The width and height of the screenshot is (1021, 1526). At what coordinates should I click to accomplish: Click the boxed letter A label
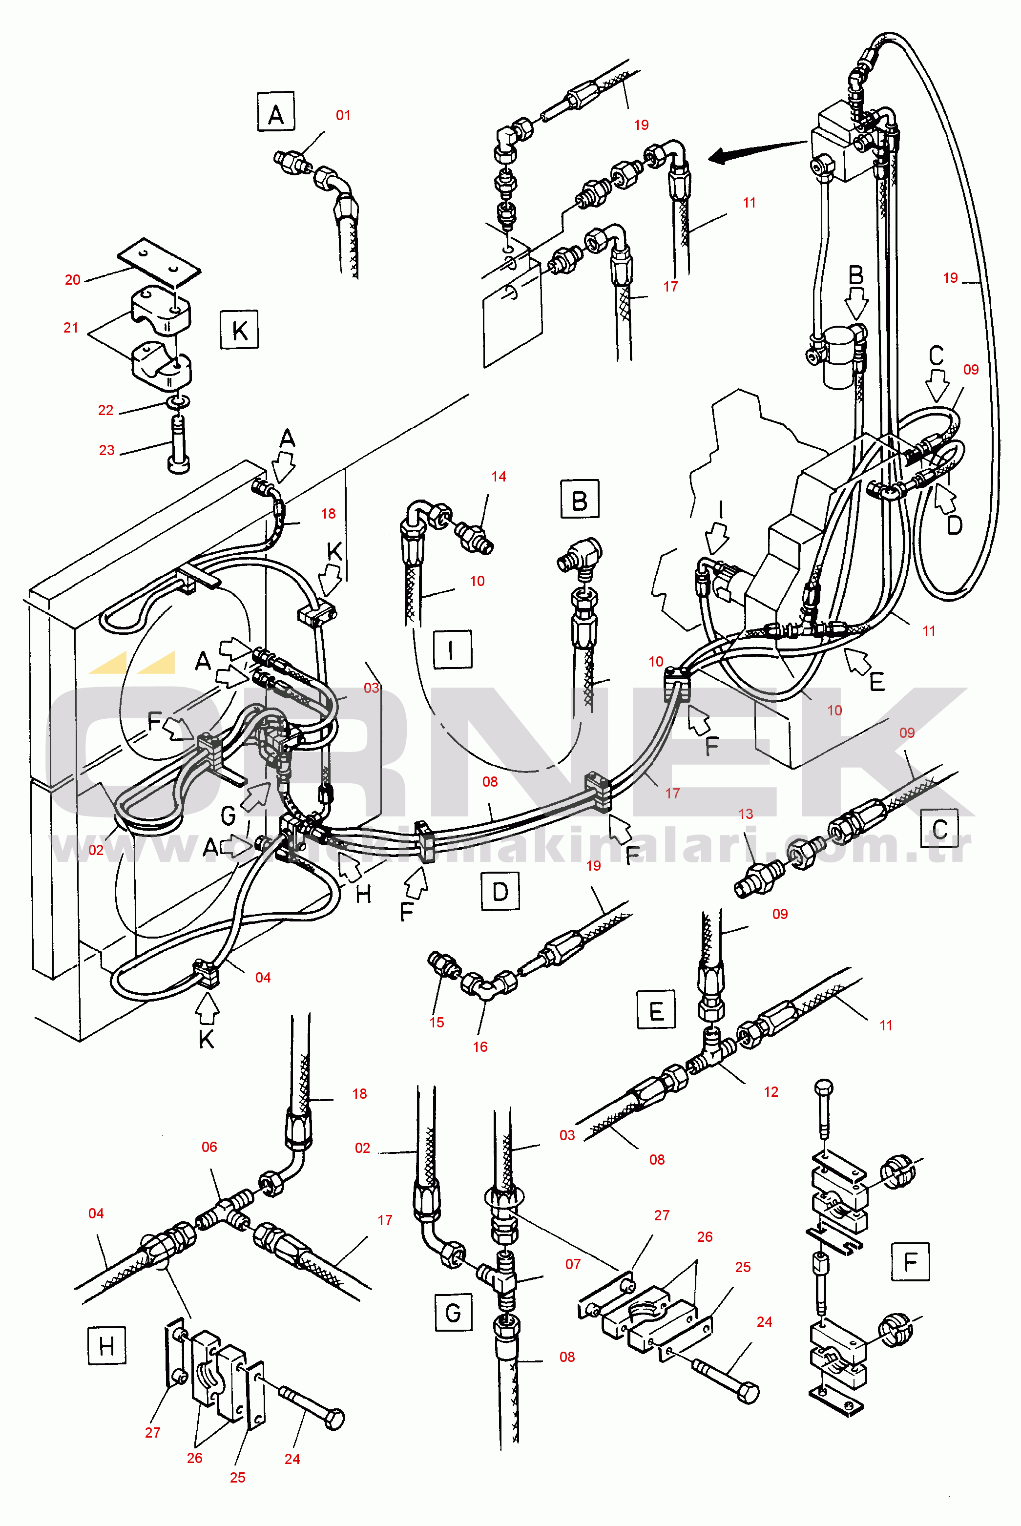tap(275, 111)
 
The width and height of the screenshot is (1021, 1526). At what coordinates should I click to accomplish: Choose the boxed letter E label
tap(656, 1010)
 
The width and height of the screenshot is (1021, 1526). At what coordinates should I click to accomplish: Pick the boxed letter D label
tap(500, 891)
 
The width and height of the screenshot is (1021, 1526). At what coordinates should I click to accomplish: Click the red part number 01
tap(343, 115)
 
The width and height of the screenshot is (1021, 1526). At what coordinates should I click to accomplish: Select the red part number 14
tap(499, 477)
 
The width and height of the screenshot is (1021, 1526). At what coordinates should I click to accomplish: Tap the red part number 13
tap(746, 814)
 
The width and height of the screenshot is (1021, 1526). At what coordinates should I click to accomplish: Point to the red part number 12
tap(771, 1092)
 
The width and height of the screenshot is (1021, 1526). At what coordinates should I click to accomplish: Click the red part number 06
tap(209, 1147)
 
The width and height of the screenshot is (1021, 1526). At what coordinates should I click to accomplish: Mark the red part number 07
tap(572, 1264)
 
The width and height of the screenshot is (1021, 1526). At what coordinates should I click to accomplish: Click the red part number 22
tap(105, 410)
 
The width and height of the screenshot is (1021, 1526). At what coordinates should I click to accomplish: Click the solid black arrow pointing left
tap(755, 151)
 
